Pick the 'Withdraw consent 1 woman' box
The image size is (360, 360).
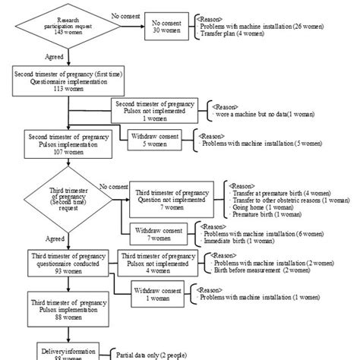click(156, 292)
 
